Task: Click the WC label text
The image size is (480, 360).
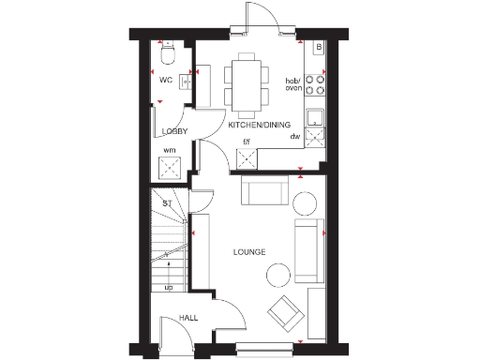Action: click(167, 81)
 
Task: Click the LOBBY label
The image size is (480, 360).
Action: click(174, 131)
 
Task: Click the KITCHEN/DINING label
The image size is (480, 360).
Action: click(259, 124)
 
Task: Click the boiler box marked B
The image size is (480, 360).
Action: click(319, 46)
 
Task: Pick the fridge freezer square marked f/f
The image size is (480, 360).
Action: click(247, 157)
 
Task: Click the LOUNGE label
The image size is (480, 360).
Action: click(249, 252)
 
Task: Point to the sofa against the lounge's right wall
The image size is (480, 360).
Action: click(307, 251)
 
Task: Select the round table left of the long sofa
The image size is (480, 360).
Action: click(278, 274)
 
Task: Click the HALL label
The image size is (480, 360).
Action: click(188, 319)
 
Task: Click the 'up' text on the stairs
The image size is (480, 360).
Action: click(169, 288)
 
